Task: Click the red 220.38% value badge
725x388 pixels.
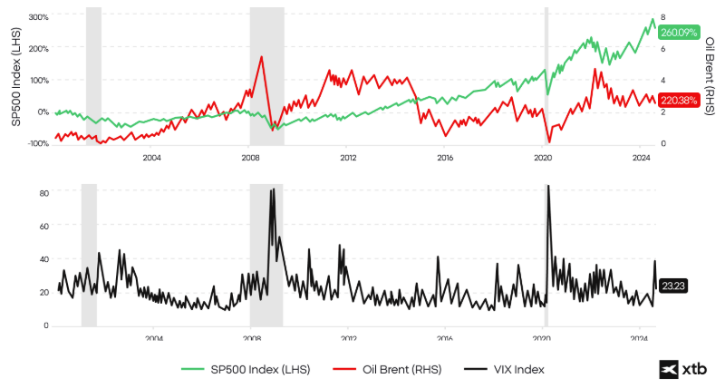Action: pos(680,101)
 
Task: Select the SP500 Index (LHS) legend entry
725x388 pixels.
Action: pos(246,369)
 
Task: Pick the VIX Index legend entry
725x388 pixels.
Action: pos(504,369)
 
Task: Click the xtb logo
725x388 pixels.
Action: pos(683,369)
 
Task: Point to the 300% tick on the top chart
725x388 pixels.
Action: pos(39,16)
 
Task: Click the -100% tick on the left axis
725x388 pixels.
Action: pos(37,144)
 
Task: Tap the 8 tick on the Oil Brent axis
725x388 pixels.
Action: pos(663,17)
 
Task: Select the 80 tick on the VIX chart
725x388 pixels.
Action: pos(43,192)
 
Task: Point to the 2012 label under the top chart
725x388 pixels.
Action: pos(347,158)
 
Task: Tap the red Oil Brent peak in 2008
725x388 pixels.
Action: pos(262,57)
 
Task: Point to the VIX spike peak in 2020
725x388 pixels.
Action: pos(547,187)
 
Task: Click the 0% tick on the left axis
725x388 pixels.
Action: pos(42,112)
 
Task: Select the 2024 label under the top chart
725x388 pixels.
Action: pos(641,158)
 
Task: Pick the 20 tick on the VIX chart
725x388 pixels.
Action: pos(43,292)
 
